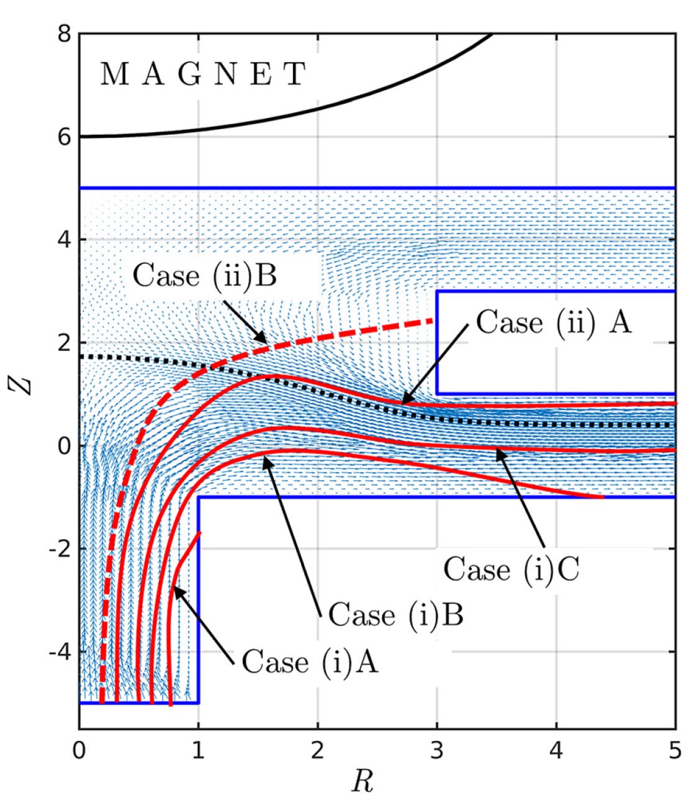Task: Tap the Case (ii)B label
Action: pos(205,275)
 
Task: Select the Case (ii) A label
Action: pos(553,323)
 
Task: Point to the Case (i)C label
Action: pos(511,569)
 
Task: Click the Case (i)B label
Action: pos(395,615)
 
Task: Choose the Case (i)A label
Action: pos(309,661)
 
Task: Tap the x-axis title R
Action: pos(362,781)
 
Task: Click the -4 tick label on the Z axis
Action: pos(59,651)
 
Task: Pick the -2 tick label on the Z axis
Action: pos(59,548)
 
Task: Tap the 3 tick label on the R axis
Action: pos(436,750)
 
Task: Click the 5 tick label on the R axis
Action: pos(675,750)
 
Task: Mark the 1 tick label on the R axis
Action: pos(198,750)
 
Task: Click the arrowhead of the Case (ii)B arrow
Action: pos(266,343)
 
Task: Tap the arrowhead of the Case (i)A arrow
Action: pos(174,588)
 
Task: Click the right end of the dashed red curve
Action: pos(433,320)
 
